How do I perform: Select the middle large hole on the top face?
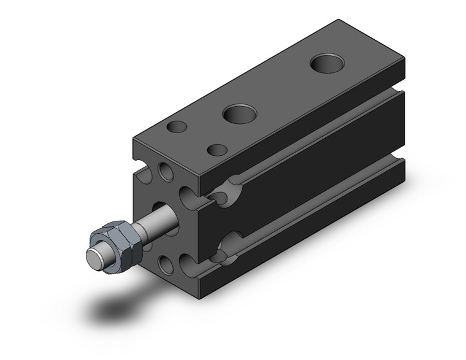pyautogui.click(x=237, y=113)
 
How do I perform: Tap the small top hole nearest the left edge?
pyautogui.click(x=177, y=128)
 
